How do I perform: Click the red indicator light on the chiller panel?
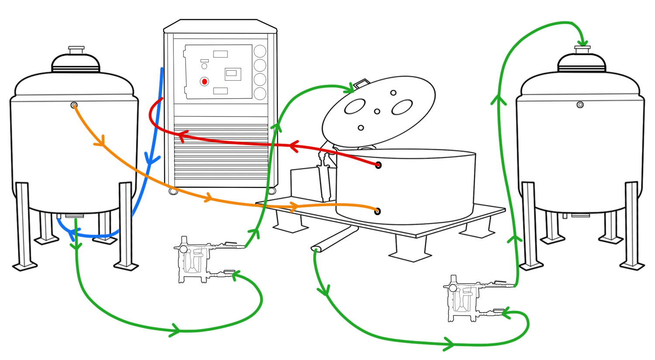204,82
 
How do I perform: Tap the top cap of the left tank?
76,49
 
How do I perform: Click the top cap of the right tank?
582,49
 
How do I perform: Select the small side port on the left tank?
74,105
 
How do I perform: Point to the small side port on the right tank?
580,105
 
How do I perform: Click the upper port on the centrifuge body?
378,165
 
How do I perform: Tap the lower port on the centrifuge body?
378,211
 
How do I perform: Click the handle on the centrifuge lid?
362,83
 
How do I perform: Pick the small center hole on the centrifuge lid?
377,111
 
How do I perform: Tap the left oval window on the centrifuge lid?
355,106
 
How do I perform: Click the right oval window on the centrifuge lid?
402,107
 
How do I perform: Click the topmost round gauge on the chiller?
260,51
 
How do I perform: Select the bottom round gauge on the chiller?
260,93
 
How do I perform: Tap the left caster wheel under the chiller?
173,191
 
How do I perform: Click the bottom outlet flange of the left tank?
74,216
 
